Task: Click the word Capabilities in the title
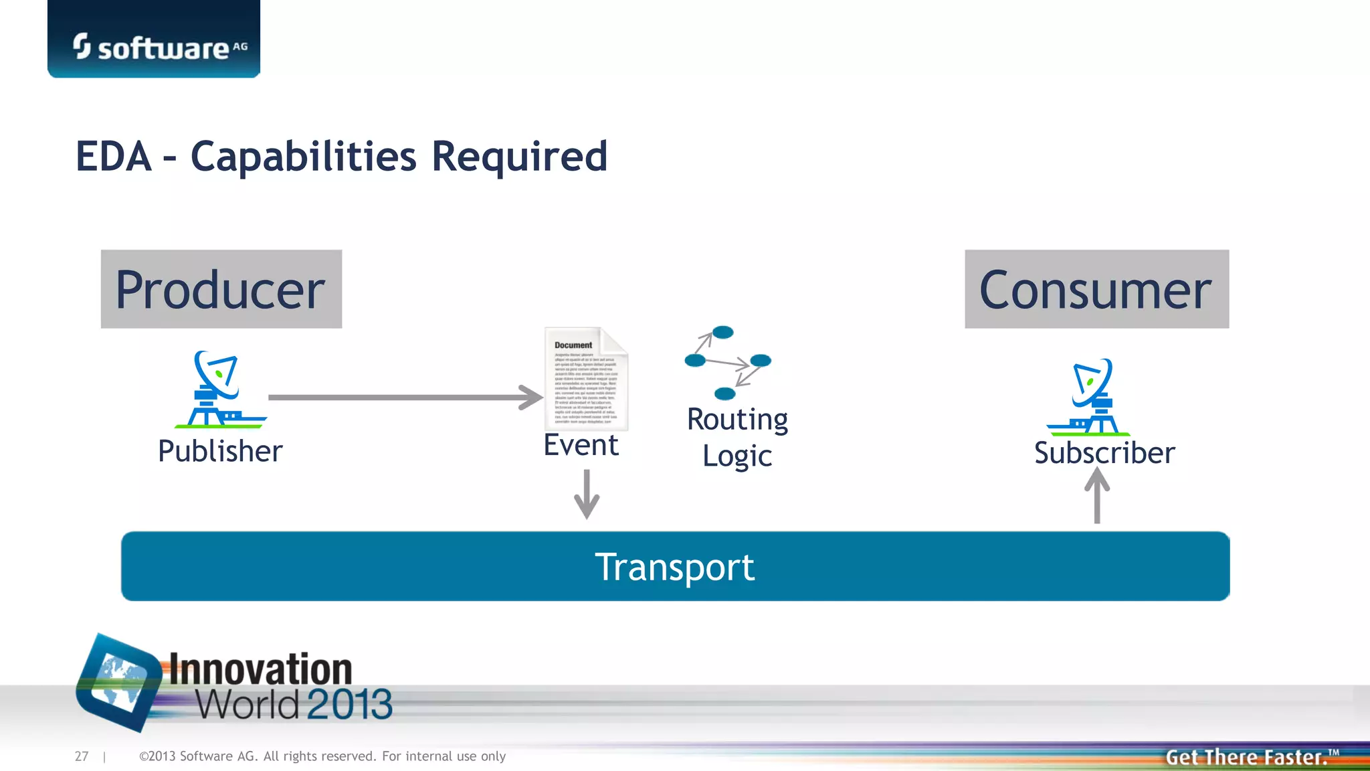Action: (x=304, y=157)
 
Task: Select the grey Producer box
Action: (x=221, y=289)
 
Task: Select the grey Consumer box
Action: (x=1096, y=289)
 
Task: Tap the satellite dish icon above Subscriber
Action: (x=1090, y=397)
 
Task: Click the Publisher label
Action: (x=220, y=451)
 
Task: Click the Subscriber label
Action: (x=1104, y=453)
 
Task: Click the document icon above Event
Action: (x=586, y=379)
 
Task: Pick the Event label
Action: (x=581, y=445)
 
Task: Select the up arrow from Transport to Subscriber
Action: (x=1097, y=495)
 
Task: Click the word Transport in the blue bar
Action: (x=674, y=568)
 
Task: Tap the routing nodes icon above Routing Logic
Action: (x=727, y=362)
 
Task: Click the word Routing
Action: (x=737, y=420)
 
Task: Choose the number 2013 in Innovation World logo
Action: (x=349, y=704)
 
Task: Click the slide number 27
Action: (x=82, y=756)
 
